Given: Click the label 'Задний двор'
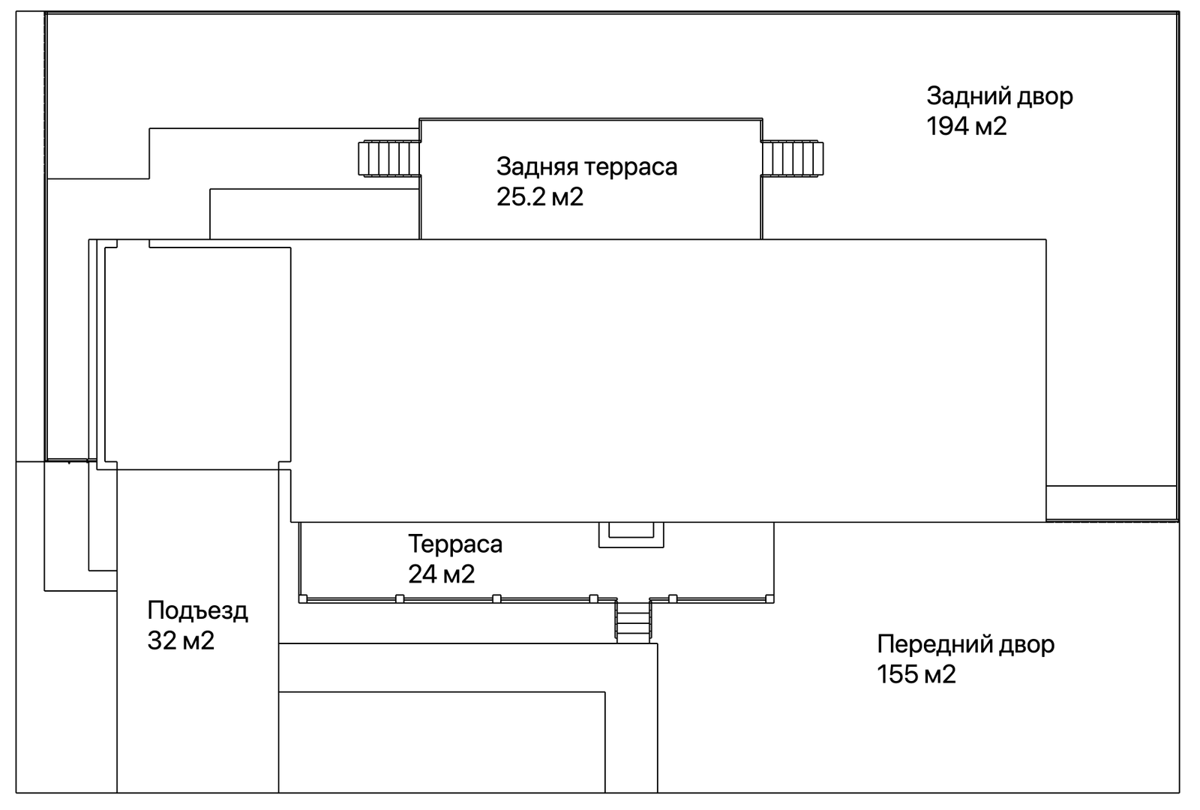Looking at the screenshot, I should coord(999,96).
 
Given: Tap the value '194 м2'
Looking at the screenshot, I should coord(966,126).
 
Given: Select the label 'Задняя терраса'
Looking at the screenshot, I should coord(586,166).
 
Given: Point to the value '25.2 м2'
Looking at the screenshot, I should coord(539,196).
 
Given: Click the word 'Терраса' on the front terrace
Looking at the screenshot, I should coord(454,544).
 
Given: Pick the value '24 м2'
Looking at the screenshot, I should coord(441,574).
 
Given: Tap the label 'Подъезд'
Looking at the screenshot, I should coord(197,610).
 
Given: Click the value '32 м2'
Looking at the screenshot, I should coord(181,640).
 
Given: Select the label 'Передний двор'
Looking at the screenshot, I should coord(965,644).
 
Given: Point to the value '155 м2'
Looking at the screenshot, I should coord(916,674).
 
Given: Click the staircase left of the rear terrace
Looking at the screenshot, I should coord(388,159).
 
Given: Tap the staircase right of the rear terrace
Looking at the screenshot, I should coord(793,159).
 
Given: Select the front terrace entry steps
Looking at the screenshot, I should coord(634,621).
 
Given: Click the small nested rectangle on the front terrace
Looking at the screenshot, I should coord(631,532).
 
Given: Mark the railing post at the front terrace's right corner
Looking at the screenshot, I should coord(769,598).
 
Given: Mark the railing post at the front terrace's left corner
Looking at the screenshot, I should coord(303,598).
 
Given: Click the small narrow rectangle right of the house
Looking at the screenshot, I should coord(1111,502).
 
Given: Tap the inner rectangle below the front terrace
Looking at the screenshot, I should coord(442,741).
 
